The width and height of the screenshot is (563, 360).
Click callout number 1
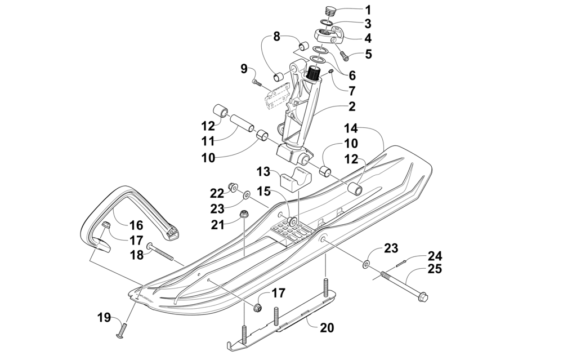(368, 10)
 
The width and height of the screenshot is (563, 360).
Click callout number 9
(244, 68)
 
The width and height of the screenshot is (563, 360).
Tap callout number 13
(264, 172)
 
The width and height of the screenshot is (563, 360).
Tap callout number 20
(327, 327)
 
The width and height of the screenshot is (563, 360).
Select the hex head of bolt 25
(423, 297)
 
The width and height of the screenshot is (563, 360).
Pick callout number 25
(434, 269)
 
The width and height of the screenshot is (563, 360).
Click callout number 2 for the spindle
(352, 106)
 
